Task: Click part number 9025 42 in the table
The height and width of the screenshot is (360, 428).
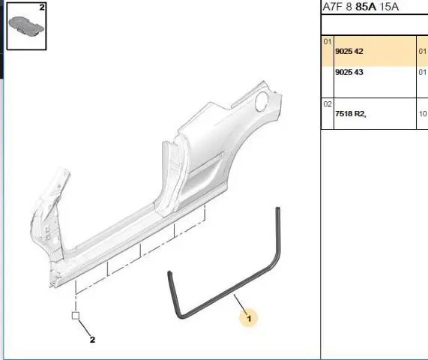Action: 349,51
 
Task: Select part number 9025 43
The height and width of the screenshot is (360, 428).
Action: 349,72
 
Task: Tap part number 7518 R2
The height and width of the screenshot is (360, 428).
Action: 351,114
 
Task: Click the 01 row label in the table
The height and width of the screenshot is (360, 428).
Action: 328,42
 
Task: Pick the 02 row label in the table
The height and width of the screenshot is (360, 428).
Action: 328,104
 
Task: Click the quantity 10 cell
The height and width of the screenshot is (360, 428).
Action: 423,114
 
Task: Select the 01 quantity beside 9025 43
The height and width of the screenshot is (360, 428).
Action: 423,72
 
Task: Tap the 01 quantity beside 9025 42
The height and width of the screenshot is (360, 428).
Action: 423,51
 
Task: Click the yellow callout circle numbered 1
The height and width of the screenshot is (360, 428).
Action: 248,318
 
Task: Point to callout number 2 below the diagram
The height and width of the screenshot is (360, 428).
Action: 92,340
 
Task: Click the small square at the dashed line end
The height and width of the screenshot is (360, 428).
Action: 76,316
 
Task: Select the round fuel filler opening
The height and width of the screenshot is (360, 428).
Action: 262,101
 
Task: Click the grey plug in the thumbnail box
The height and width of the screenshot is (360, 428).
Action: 26,25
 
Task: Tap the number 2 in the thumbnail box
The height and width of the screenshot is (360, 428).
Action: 42,7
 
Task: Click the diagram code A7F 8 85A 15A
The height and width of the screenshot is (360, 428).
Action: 361,7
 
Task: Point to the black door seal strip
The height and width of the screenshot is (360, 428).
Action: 228,294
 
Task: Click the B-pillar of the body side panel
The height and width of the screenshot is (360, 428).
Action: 172,178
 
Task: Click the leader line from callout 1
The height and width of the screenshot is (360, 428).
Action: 241,303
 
